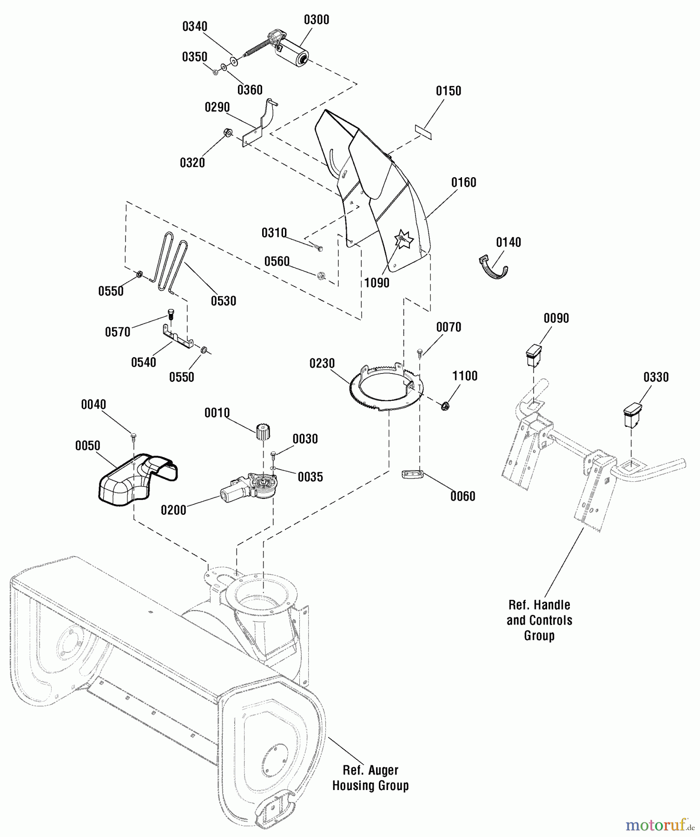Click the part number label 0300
click(316, 20)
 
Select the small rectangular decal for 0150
click(423, 131)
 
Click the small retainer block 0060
click(412, 475)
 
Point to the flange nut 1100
click(445, 406)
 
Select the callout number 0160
click(463, 182)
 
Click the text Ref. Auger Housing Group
click(370, 778)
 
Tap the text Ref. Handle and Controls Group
click(539, 620)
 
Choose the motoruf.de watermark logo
click(659, 824)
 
